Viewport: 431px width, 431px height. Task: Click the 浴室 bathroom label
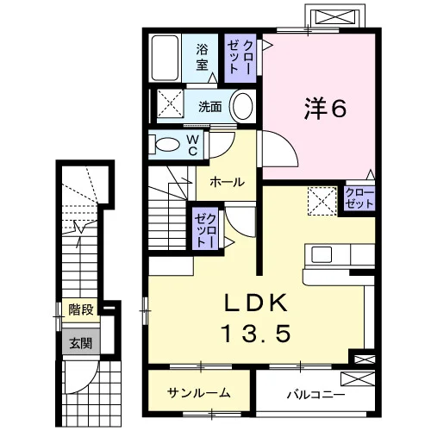[202, 57]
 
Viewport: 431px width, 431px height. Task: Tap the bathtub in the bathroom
[165, 58]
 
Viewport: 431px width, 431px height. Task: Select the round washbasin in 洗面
[243, 106]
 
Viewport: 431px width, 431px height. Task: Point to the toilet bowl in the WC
[167, 144]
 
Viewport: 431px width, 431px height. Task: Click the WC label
[192, 146]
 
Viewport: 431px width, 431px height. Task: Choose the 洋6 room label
[326, 109]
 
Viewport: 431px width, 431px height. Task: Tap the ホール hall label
[227, 182]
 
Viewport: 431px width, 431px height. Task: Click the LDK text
[256, 303]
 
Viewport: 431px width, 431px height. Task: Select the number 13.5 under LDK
[257, 334]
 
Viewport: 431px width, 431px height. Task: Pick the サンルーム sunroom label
[199, 393]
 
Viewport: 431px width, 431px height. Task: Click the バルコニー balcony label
[316, 395]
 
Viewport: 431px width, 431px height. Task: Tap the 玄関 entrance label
[81, 343]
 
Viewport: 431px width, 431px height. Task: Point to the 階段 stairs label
[81, 309]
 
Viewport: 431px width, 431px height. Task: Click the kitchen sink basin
[322, 254]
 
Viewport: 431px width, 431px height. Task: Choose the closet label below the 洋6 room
[360, 198]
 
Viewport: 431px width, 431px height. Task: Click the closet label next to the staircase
[205, 231]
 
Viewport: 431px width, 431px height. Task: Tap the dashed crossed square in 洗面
[170, 103]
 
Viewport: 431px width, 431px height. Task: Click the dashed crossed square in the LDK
[322, 201]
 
